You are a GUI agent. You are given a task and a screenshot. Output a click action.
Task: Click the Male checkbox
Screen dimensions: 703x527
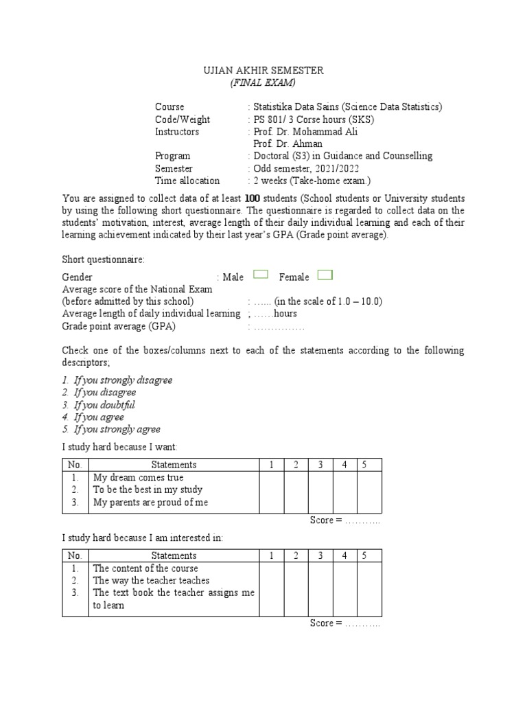click(260, 275)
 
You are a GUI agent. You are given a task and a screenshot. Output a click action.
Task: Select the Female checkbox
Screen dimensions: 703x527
click(325, 275)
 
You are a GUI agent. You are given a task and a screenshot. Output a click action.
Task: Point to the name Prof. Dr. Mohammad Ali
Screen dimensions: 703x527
click(305, 132)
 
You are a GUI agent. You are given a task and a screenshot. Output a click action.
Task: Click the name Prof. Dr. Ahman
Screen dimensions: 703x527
click(288, 144)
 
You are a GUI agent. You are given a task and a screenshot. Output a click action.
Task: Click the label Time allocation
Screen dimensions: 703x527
click(187, 181)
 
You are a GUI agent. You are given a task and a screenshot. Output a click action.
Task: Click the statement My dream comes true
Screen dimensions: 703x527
click(138, 478)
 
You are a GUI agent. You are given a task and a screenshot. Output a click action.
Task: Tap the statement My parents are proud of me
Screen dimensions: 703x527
click(150, 503)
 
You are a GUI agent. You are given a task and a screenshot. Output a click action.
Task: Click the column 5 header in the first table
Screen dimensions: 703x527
click(365, 465)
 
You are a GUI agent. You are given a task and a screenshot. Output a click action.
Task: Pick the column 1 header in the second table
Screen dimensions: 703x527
click(272, 555)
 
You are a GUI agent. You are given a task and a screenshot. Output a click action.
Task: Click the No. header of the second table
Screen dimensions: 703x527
click(75, 555)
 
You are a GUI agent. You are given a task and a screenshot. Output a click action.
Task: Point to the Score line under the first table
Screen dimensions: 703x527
click(345, 520)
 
